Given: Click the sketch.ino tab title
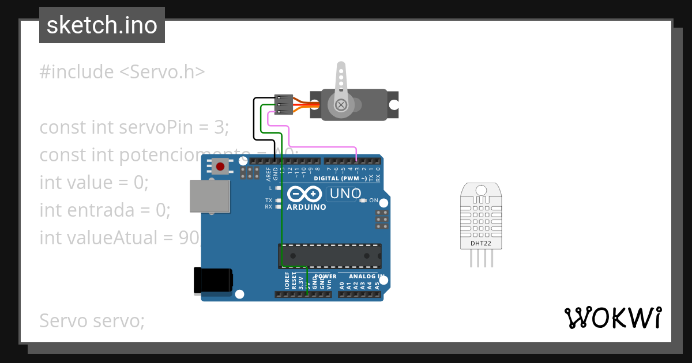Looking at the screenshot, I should point(102,25).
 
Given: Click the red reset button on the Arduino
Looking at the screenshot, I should point(220,167).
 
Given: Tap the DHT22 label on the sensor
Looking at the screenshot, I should point(480,243).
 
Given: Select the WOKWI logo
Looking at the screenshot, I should point(612,317).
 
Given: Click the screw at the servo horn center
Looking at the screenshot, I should point(341,104).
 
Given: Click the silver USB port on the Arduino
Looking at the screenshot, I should point(209,196).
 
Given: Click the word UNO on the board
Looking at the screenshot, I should point(344,194).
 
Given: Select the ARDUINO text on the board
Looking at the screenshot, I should point(306,207).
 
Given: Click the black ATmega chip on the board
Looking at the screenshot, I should point(330,255).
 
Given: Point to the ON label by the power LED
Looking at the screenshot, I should point(374,201).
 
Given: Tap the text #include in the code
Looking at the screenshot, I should point(77,72).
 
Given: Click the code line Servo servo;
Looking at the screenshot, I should point(92,320).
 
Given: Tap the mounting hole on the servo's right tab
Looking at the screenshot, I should point(394,105).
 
